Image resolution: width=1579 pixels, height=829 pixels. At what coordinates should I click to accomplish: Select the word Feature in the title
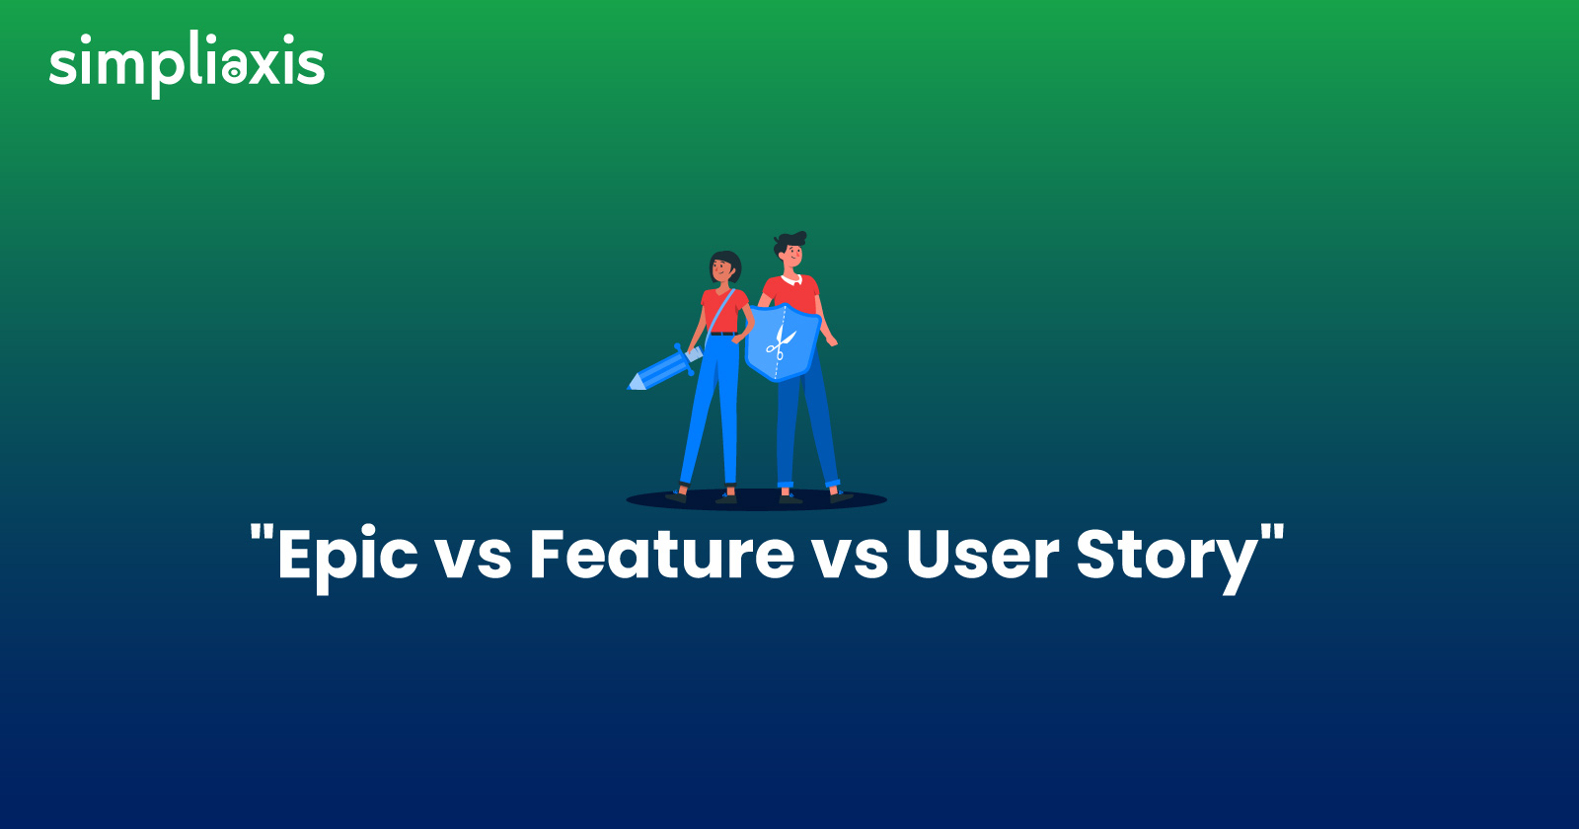click(x=662, y=554)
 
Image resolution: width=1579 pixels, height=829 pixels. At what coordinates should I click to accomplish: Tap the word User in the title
click(x=982, y=554)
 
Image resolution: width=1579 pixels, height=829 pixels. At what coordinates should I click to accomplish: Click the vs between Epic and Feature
click(x=474, y=560)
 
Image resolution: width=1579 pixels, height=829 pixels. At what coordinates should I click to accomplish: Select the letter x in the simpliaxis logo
click(x=265, y=68)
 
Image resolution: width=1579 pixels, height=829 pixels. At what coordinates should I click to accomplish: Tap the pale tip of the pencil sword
click(x=636, y=383)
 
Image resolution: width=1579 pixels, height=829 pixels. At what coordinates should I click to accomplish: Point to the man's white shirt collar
click(x=791, y=280)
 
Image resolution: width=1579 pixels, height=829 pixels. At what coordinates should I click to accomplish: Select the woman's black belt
click(x=721, y=333)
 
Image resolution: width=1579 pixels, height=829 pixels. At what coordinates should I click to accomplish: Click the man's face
click(x=792, y=256)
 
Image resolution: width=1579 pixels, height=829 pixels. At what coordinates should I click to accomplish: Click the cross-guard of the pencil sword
click(x=683, y=359)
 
